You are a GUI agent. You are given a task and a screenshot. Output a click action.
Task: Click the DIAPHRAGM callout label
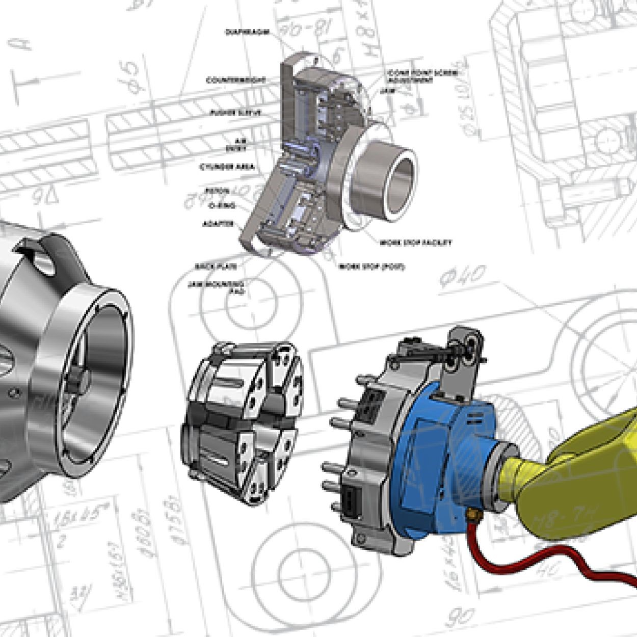247,32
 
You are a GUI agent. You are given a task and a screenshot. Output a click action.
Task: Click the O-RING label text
222,206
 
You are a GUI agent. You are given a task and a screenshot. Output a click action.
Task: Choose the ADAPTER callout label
218,224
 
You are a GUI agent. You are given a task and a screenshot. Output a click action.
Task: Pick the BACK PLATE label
216,267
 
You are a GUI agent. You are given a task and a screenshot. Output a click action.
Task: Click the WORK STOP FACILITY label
415,243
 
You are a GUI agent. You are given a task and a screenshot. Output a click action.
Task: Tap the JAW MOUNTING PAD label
216,287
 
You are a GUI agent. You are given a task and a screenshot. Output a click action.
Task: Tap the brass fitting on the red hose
472,516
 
